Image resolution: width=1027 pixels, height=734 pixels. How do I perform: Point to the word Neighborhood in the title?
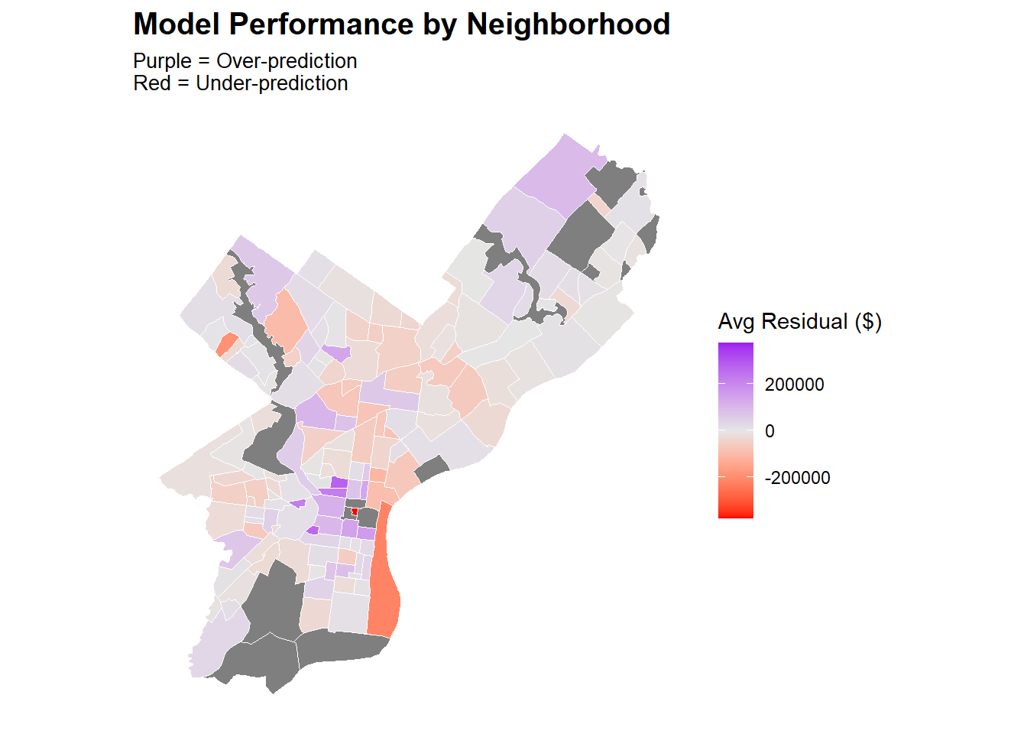click(x=569, y=24)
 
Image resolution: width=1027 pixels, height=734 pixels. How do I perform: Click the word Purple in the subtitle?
click(x=162, y=61)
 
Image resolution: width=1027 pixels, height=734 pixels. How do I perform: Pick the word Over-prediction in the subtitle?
click(x=287, y=61)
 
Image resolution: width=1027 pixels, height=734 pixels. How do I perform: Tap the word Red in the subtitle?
click(x=151, y=83)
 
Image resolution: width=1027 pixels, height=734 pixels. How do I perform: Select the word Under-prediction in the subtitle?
click(x=272, y=83)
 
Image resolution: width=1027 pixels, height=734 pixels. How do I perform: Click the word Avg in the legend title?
click(x=737, y=322)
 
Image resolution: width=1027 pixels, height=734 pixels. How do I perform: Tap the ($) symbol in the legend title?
click(x=869, y=322)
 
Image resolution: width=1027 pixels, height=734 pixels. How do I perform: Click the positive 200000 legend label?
click(x=794, y=385)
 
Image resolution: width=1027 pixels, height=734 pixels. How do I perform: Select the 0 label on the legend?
click(x=769, y=431)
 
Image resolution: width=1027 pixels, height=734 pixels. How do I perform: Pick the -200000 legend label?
click(x=797, y=478)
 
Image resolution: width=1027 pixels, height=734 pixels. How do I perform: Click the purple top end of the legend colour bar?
click(x=735, y=347)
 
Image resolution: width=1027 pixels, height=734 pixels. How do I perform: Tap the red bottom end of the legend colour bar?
click(x=735, y=513)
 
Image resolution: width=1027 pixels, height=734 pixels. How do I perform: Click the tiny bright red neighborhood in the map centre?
click(x=355, y=512)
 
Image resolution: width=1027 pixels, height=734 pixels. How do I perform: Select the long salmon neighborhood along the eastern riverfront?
click(x=384, y=581)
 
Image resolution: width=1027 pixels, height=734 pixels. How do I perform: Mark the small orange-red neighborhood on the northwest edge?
click(x=225, y=345)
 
